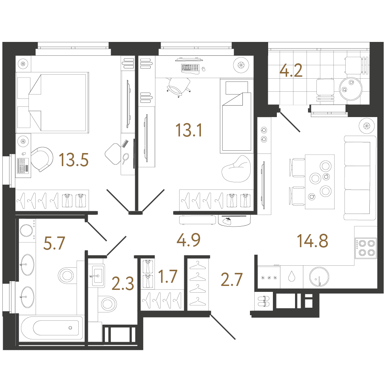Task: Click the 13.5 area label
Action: coord(74,160)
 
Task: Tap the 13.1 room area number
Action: coord(189,130)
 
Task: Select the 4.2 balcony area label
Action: coord(291,71)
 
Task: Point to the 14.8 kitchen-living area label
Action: coord(312,240)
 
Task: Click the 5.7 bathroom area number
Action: coord(54,243)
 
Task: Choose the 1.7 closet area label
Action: coord(168,276)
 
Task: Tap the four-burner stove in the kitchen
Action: coord(366,248)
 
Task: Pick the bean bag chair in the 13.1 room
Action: coord(236,170)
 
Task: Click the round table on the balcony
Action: coord(350,88)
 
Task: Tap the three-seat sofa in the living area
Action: coord(360,178)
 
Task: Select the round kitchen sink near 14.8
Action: coord(319,277)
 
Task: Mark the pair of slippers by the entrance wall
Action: coord(264,301)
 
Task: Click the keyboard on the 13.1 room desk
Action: coord(190,68)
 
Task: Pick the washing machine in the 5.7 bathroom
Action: coord(26,231)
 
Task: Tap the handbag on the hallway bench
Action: coord(228,221)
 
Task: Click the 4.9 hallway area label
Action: coord(189,240)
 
